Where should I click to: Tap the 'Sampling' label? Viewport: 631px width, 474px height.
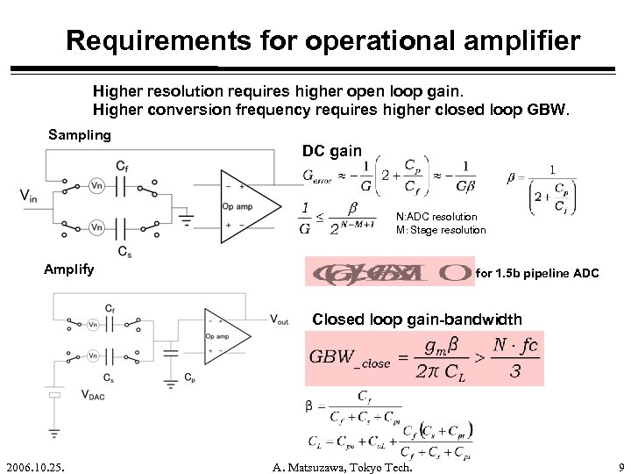(x=80, y=135)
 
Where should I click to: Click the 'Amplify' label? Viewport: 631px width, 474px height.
(x=69, y=270)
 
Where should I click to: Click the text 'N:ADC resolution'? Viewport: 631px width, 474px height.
(x=436, y=217)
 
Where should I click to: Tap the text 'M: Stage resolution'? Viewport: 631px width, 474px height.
(x=440, y=230)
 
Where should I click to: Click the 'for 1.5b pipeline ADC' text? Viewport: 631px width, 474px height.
(x=537, y=275)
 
